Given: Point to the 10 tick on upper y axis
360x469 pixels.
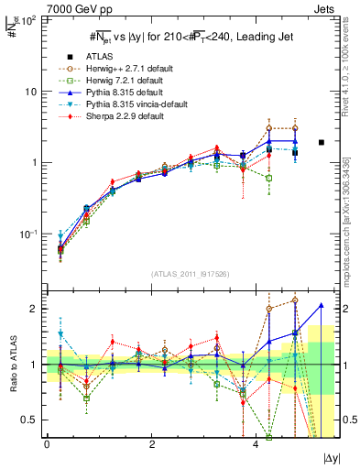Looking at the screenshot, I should pyautogui.click(x=33, y=92).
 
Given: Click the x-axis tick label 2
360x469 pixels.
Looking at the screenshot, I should pyautogui.click(x=152, y=442).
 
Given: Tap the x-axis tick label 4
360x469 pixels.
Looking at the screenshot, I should pyautogui.click(x=257, y=442).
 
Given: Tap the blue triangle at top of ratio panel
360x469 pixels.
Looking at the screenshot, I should pyautogui.click(x=322, y=305).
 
